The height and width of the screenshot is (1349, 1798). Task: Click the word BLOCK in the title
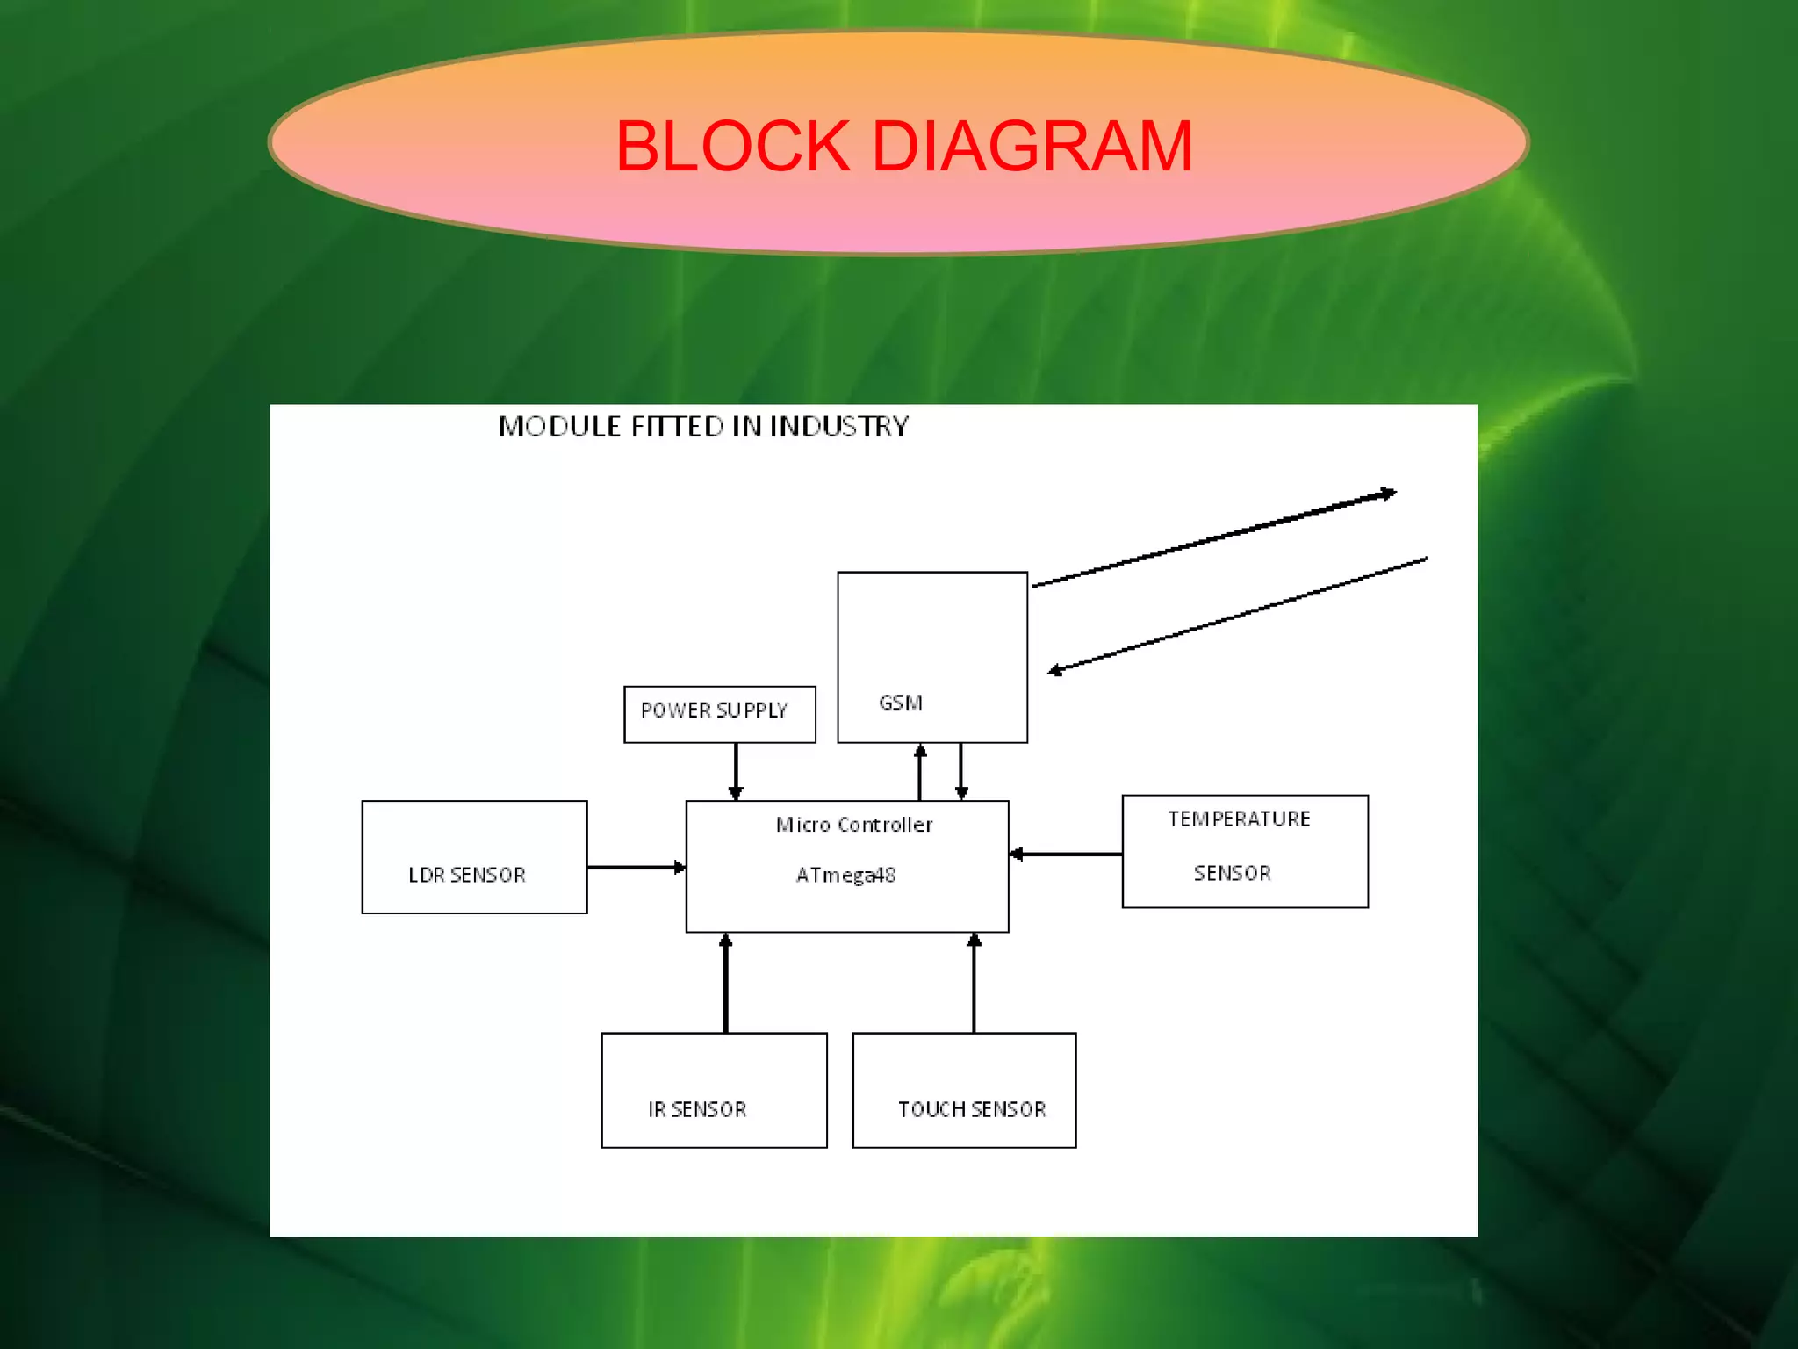(733, 147)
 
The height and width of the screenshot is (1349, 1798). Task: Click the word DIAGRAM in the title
(1032, 147)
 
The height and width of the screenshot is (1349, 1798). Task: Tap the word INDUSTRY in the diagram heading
(839, 427)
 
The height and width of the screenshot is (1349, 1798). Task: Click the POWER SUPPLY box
(718, 713)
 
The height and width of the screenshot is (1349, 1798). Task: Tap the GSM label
(901, 703)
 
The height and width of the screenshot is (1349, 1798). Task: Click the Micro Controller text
(853, 825)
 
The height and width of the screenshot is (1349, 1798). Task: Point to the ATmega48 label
(845, 875)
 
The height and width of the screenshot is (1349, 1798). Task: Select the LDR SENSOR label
(466, 875)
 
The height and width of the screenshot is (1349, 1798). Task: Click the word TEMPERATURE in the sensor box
(1239, 819)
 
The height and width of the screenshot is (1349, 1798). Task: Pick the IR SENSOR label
(697, 1109)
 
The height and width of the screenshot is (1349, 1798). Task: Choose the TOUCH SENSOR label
(972, 1109)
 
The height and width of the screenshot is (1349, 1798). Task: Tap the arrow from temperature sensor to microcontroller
(1065, 854)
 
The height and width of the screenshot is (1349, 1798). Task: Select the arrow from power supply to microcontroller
(736, 771)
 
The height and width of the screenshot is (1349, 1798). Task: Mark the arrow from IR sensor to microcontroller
(725, 984)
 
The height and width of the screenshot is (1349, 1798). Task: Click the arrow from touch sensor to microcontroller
(974, 984)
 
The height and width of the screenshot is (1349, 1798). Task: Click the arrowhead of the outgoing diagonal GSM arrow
(1388, 494)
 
